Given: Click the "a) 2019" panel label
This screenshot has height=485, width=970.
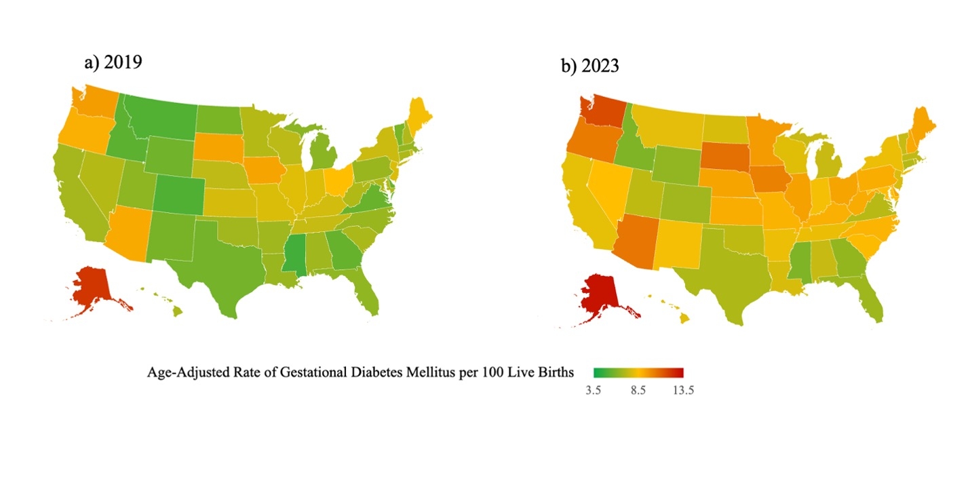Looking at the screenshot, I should coord(113,62).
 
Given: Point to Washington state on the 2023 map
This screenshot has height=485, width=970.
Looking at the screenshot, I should coord(601,109).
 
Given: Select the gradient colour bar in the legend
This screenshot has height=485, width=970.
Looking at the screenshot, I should coord(638,372).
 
